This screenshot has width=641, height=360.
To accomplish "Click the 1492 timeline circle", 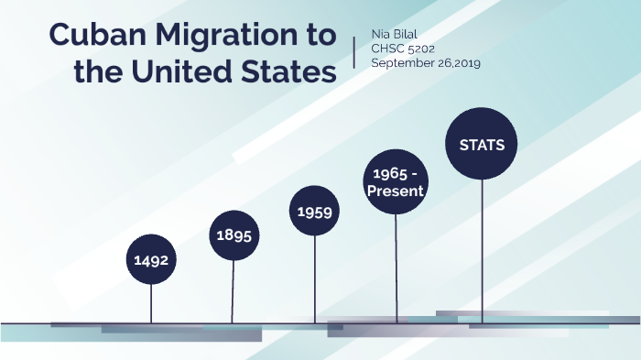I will click(151, 260).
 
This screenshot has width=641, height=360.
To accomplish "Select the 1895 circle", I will click(234, 235).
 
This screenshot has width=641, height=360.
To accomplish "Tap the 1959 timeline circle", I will click(314, 212).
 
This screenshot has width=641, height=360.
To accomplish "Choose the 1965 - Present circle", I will click(397, 182).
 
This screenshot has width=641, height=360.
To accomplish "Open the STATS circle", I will click(482, 145).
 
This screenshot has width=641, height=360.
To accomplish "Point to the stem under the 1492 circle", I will click(151, 302).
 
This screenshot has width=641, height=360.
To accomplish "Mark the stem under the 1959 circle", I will click(314, 279).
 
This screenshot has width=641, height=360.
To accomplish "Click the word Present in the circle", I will click(397, 191).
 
